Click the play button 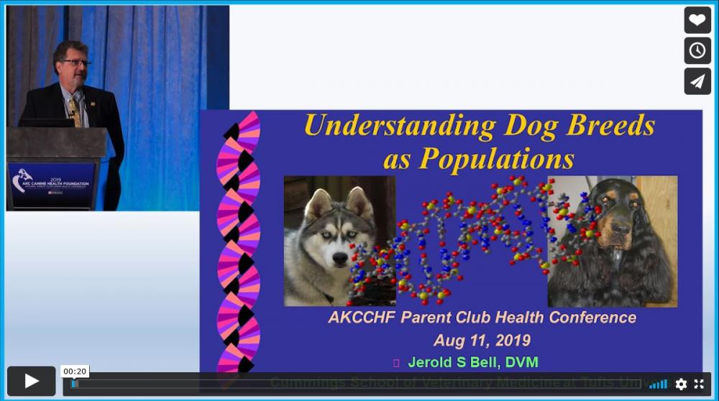tap(32, 381)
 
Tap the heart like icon tap(697, 19)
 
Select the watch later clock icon tap(697, 50)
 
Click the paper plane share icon tap(697, 81)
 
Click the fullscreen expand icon tap(699, 384)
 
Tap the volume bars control tap(658, 384)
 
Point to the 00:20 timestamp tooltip tap(75, 372)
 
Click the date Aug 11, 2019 tap(482, 340)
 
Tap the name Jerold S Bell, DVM tap(472, 362)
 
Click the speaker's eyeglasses tap(75, 63)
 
